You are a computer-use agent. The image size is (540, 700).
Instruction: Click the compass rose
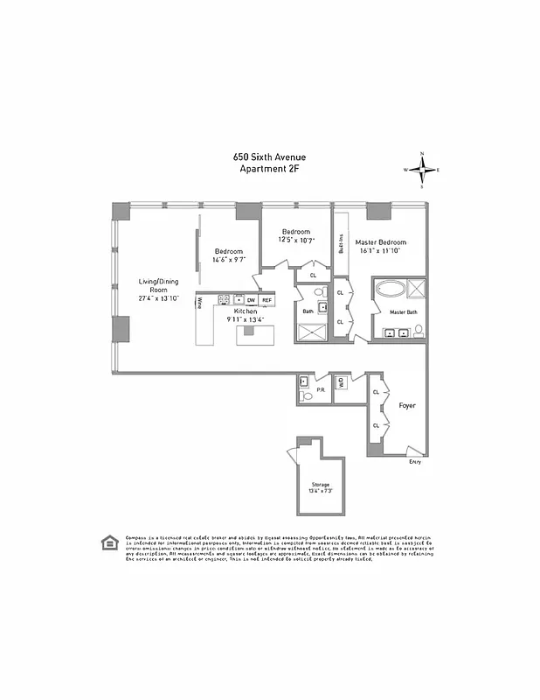tap(422, 170)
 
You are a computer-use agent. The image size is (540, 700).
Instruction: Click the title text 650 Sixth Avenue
tap(269, 157)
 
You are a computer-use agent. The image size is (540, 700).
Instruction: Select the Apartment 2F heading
tap(269, 169)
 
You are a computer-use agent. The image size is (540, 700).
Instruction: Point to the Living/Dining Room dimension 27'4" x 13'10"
tap(158, 298)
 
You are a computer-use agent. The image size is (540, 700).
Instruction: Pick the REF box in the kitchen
tap(267, 299)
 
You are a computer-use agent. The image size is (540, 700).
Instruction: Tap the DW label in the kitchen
tap(251, 299)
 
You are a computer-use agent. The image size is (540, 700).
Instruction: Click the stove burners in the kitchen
tap(224, 299)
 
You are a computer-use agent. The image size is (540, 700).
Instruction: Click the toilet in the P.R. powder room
tap(304, 396)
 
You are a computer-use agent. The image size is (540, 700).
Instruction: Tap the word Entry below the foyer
tap(415, 462)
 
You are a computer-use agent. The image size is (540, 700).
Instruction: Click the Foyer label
tap(407, 406)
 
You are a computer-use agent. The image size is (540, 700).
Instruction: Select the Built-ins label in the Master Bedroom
tap(341, 243)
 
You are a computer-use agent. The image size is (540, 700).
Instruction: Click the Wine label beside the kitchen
tap(199, 303)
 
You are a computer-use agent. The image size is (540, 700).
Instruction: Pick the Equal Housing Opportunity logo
tap(108, 541)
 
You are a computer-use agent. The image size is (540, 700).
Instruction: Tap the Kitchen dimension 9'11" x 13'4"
tap(246, 319)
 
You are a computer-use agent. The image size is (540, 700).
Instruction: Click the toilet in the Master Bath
tap(419, 331)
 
